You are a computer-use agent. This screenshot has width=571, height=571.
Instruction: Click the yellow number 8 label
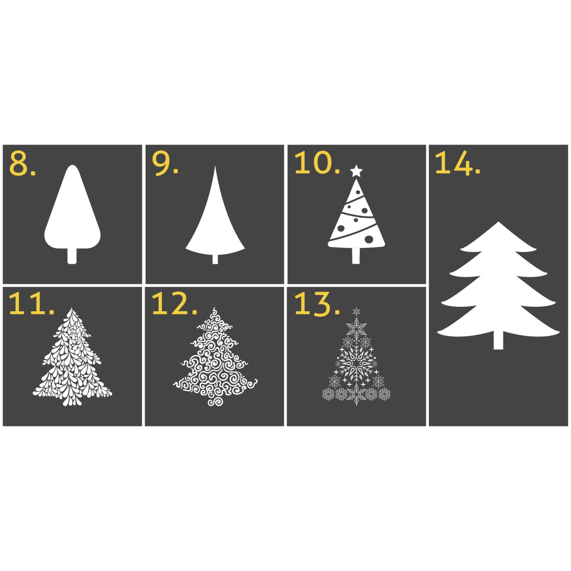[22, 163]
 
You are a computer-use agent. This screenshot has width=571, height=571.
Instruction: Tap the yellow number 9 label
[165, 163]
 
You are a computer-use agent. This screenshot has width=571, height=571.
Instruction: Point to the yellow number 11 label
[31, 303]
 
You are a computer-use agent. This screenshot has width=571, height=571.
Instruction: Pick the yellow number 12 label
[174, 303]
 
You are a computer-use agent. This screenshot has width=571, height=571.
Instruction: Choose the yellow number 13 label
[317, 304]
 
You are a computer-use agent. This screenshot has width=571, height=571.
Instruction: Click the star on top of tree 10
[356, 171]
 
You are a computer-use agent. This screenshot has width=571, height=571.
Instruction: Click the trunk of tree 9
[215, 259]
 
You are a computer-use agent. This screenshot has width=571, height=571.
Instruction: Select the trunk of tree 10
[356, 255]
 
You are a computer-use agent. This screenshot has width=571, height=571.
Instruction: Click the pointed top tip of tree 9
[215, 167]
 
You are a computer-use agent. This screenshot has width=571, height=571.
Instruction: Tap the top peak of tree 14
[498, 222]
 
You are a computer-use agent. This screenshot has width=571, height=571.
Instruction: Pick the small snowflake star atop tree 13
[356, 311]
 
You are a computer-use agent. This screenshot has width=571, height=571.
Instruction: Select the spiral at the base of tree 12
[215, 400]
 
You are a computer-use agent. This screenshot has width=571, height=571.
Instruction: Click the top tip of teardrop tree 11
[71, 309]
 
